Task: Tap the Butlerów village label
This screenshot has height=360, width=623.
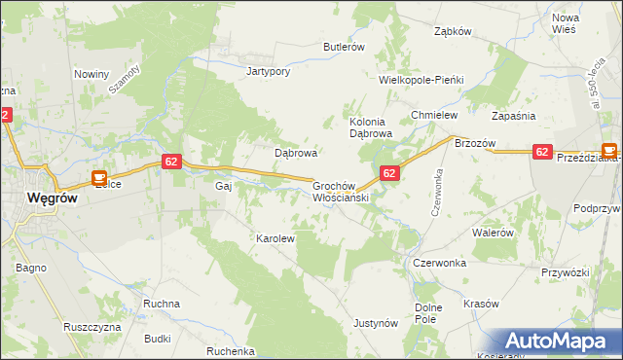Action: (344, 47)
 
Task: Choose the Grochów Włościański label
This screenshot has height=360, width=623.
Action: (339, 191)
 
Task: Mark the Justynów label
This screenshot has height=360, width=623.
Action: (377, 323)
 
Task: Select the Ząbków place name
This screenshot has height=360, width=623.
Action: (453, 31)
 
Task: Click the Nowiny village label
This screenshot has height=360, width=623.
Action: (92, 74)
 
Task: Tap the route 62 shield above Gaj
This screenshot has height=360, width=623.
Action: (170, 162)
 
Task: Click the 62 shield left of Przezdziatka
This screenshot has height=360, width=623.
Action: (543, 153)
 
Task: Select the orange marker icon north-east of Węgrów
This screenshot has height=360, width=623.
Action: (99, 178)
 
